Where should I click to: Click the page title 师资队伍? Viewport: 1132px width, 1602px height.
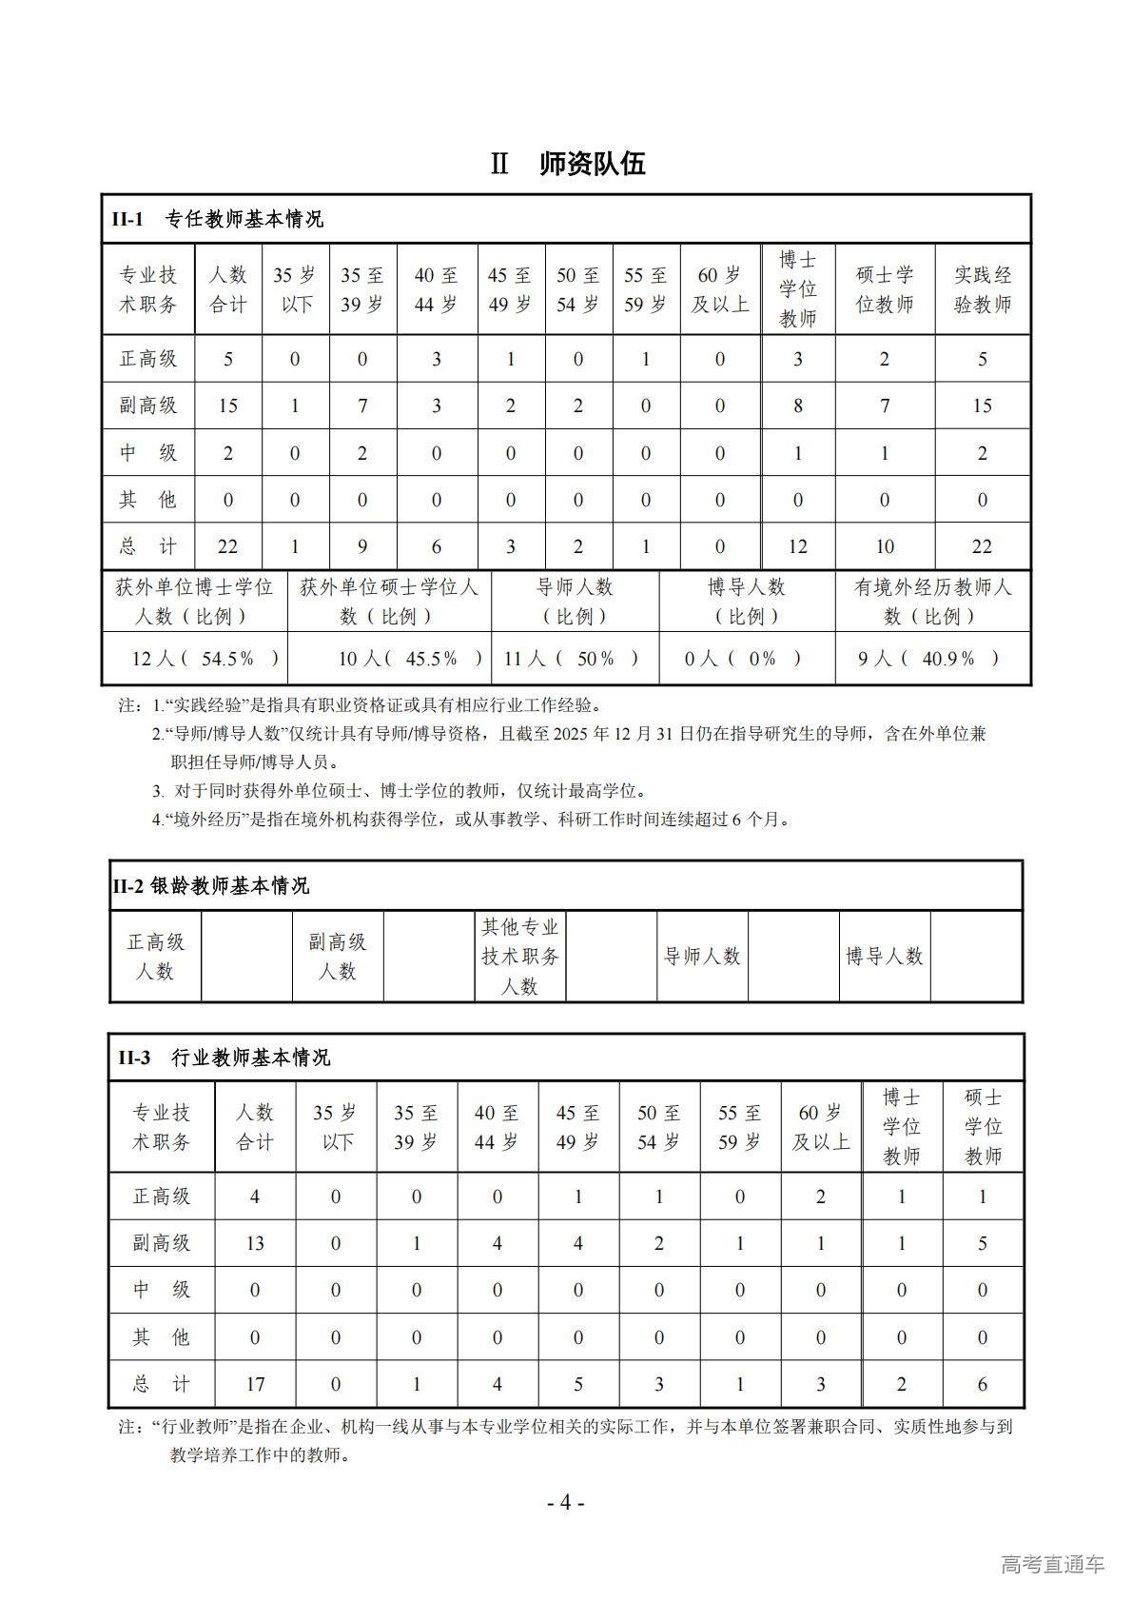592,164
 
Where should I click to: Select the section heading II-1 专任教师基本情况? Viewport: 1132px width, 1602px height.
218,219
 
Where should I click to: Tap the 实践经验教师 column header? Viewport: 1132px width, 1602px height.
982,289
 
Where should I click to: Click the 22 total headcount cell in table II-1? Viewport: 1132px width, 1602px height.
227,546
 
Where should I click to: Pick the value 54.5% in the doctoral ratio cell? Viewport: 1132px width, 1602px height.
228,659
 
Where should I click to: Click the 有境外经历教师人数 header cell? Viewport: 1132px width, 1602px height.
932,602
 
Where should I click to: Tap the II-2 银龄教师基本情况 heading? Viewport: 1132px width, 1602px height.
211,885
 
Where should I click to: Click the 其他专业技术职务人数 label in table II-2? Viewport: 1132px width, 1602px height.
519,956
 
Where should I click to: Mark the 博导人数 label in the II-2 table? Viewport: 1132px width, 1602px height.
885,956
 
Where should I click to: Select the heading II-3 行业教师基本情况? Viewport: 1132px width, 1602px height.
224,1058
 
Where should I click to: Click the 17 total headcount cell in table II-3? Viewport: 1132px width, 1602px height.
254,1384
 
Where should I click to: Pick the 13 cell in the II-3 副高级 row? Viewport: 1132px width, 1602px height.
254,1243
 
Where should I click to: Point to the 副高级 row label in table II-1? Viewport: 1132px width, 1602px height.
148,405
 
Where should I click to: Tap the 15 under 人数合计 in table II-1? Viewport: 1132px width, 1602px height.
227,405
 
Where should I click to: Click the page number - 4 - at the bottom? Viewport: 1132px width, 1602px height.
565,1503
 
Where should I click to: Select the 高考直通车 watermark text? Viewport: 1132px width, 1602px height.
1052,1565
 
